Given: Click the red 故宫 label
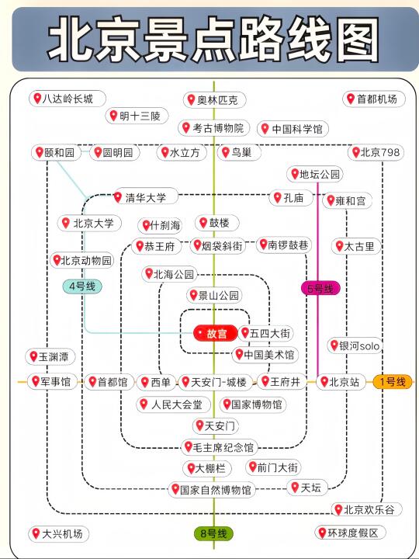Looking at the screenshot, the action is click(x=216, y=333).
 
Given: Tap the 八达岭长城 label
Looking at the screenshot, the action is click(x=68, y=99).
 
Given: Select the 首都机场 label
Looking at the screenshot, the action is click(x=374, y=99).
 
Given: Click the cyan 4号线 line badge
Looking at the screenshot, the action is click(x=82, y=286).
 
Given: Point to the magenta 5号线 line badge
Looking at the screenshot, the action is click(x=320, y=288).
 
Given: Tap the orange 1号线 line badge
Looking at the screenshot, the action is click(x=393, y=382).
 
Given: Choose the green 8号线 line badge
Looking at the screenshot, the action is click(x=213, y=533).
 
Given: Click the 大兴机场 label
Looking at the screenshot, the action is click(x=59, y=533).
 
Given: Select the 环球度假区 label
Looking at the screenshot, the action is click(x=350, y=533).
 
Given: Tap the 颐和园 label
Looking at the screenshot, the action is click(x=57, y=153).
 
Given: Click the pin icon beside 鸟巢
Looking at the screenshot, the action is click(x=226, y=153).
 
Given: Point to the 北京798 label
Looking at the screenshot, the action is click(x=376, y=153).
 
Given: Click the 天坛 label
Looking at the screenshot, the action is click(x=307, y=488).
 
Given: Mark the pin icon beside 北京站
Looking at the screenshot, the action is click(x=324, y=382).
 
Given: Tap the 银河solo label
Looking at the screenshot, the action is click(x=355, y=345).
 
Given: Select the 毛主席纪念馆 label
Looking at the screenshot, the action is click(x=220, y=447).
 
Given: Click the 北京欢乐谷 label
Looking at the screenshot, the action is click(x=366, y=510).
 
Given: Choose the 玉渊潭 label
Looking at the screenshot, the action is click(x=50, y=357).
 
